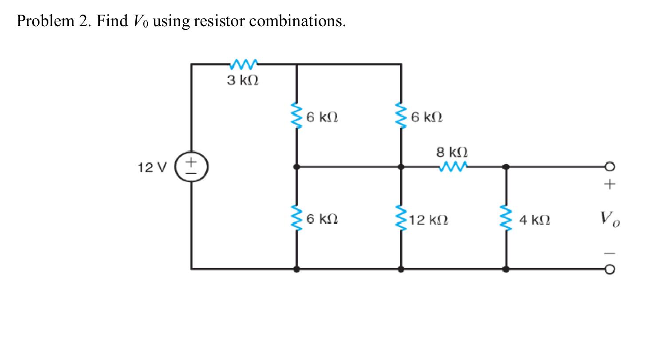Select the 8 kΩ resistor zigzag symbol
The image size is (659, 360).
tap(452, 167)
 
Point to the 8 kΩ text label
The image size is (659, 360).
tap(452, 152)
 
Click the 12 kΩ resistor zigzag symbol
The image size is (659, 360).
tap(401, 219)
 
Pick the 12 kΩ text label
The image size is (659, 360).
tap(429, 219)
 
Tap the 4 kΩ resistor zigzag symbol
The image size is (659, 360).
tap(506, 219)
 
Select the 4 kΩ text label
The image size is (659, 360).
tap(535, 219)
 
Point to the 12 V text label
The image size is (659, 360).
tap(152, 167)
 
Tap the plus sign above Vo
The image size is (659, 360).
tap(610, 183)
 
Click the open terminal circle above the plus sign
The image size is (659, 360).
tap(610, 167)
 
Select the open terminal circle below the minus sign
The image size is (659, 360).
tap(610, 269)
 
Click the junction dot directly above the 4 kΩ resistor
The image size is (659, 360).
tap(506, 167)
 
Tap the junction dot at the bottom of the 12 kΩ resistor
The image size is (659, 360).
tap(401, 269)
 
